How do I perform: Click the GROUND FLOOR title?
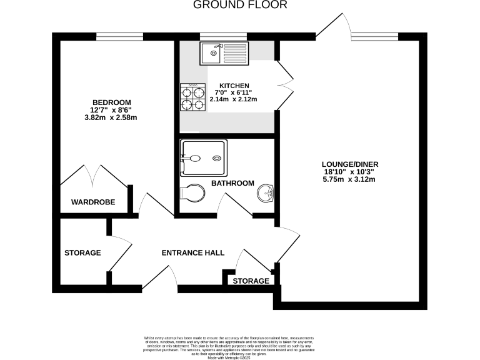(x=240, y=5)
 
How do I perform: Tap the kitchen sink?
(x=224, y=53)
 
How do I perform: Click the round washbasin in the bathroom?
(x=264, y=194)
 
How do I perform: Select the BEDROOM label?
(x=111, y=102)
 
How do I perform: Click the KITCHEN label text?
(x=234, y=86)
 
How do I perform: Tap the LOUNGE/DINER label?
(x=351, y=165)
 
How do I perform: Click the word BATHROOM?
(x=232, y=183)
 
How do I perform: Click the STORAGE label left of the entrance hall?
(x=82, y=253)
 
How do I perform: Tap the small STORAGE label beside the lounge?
(x=251, y=281)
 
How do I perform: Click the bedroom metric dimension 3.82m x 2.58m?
(x=111, y=117)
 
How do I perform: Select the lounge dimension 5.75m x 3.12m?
(x=351, y=180)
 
